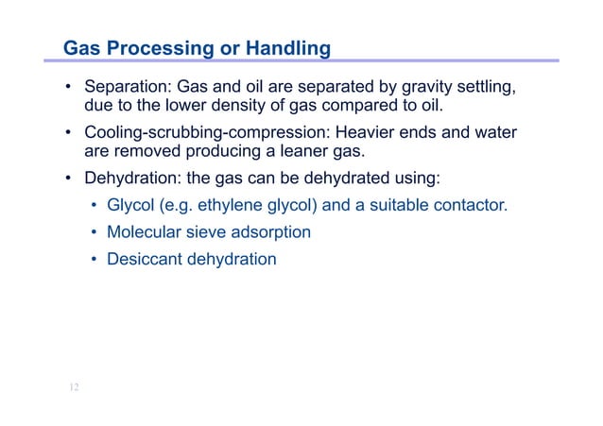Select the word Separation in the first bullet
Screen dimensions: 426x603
click(x=127, y=88)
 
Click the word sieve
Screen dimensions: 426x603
click(x=205, y=230)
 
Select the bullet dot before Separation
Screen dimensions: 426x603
click(x=69, y=89)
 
